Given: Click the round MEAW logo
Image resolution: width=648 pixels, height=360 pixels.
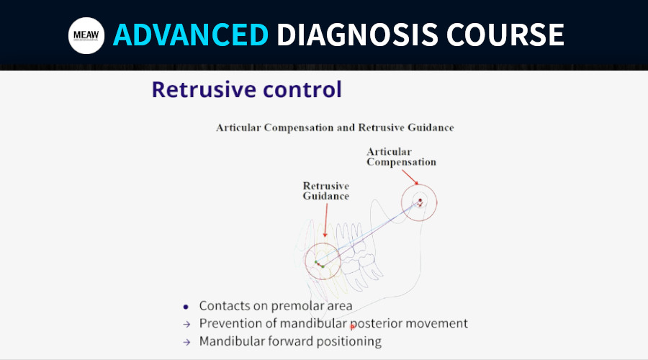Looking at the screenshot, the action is click(86, 35).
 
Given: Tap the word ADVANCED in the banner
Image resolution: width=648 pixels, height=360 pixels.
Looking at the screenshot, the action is click(191, 35).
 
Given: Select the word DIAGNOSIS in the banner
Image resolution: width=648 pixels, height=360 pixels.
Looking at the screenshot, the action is click(357, 35).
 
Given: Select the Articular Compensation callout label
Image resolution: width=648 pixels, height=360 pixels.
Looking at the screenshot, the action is click(401, 157).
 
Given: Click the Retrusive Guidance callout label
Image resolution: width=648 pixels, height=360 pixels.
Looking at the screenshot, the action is click(325, 191).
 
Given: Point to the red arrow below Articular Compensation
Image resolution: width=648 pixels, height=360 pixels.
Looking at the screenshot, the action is click(410, 177).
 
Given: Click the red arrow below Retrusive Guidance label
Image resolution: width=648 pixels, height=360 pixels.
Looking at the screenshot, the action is click(325, 220).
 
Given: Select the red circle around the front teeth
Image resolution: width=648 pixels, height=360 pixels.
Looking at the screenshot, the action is click(305, 261).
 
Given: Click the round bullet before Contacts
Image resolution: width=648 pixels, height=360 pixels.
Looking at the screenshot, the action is click(186, 307).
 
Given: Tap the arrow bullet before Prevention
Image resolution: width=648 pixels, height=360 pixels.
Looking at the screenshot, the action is click(186, 325).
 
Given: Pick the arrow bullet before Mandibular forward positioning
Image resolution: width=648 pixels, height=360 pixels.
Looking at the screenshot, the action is click(186, 342).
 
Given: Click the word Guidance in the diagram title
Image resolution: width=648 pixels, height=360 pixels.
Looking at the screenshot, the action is click(431, 127).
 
